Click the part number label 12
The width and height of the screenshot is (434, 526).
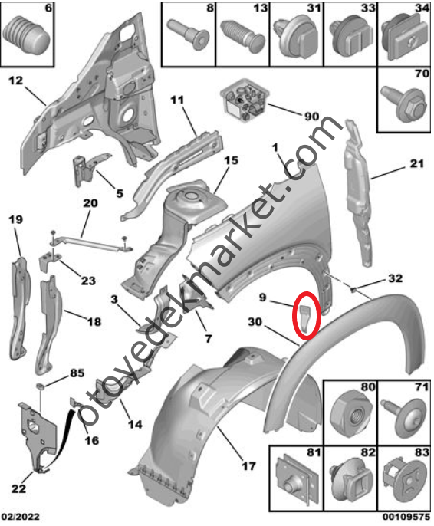(16, 81)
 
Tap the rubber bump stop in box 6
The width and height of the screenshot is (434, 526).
(27, 34)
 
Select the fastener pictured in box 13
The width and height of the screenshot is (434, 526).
(243, 37)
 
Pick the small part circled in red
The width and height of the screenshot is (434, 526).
(306, 317)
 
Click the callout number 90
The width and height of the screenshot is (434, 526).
(311, 117)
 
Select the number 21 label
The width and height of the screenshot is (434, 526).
(417, 163)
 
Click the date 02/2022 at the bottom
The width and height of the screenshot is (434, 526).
(20, 517)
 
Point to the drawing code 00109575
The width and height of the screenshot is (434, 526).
(406, 517)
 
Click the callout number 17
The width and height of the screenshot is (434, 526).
(249, 465)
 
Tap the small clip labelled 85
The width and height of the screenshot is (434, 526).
(40, 386)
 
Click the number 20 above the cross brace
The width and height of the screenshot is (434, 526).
(90, 203)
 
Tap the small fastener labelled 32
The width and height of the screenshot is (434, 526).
(353, 288)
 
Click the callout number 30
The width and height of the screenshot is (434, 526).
(255, 322)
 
